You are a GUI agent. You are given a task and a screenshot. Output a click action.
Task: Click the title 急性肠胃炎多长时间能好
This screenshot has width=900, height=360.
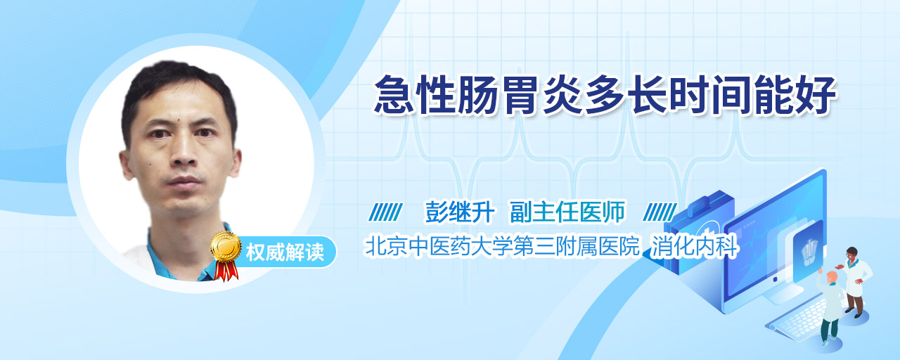(x=605, y=95)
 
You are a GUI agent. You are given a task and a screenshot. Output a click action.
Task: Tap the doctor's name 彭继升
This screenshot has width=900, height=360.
(x=460, y=212)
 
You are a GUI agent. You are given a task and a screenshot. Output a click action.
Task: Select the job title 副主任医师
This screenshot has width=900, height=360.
(x=567, y=212)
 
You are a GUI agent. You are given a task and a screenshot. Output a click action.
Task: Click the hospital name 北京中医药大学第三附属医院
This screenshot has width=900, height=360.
(x=501, y=246)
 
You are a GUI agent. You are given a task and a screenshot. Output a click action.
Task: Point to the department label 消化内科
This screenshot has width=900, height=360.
(x=694, y=246)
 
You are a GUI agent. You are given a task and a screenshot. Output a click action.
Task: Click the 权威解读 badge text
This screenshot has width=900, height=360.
(x=285, y=252)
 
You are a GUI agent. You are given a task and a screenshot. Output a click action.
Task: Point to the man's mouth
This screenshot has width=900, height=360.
(x=185, y=182)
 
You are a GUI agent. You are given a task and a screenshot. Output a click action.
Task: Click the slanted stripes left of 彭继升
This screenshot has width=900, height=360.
(x=385, y=212)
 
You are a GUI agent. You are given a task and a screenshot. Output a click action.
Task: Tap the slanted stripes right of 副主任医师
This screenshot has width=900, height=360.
(x=660, y=212)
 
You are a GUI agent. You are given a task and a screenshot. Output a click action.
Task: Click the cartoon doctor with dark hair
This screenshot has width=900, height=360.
(x=856, y=281)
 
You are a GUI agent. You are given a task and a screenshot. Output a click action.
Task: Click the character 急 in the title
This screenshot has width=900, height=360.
(x=394, y=95)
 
